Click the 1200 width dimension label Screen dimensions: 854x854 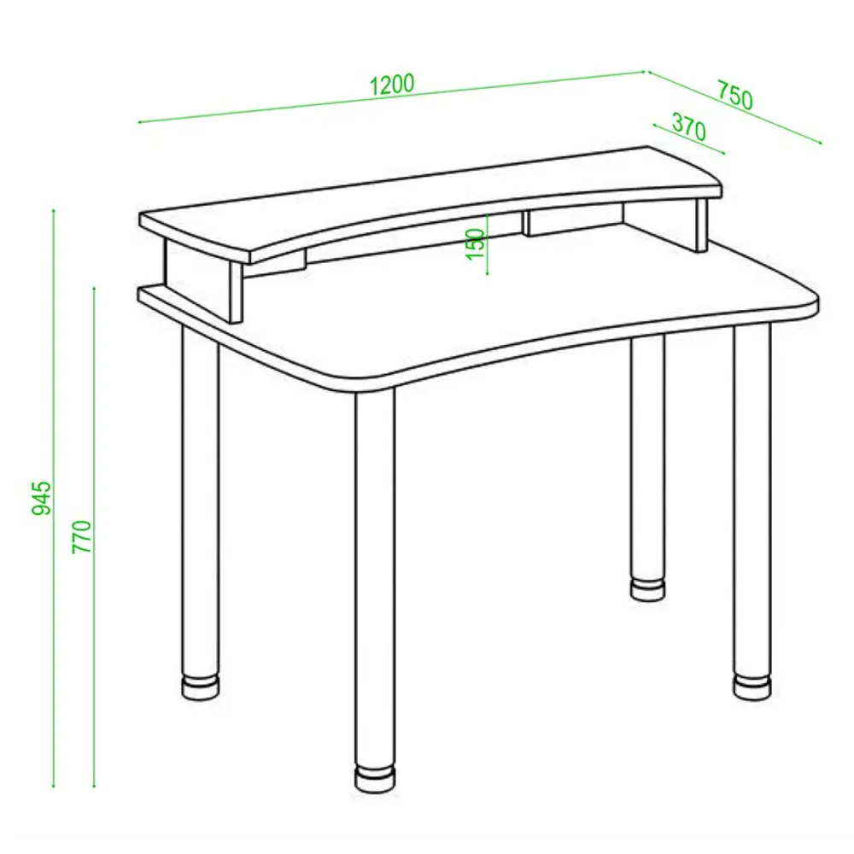coord(392,85)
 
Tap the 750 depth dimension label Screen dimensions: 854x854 coord(734,96)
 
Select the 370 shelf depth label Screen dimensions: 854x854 coord(689,127)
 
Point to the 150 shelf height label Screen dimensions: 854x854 coord(476,244)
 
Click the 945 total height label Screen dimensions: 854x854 coord(41,497)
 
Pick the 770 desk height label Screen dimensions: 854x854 coord(82,536)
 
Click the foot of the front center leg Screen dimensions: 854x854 coord(375,778)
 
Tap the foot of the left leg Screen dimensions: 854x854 coord(201,687)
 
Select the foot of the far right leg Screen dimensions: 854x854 coord(752,687)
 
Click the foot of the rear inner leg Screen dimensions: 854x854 coord(648,589)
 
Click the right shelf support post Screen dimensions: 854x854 coord(700,224)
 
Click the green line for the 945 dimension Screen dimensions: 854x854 coord(53,498)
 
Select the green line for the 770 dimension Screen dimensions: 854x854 coord(94,536)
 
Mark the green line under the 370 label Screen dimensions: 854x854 coord(689,139)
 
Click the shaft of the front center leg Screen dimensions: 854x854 coord(375,577)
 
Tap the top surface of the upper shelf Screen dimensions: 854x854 coord(430,202)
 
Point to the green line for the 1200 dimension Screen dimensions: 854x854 coord(392,97)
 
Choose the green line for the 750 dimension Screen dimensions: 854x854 coord(734,108)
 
